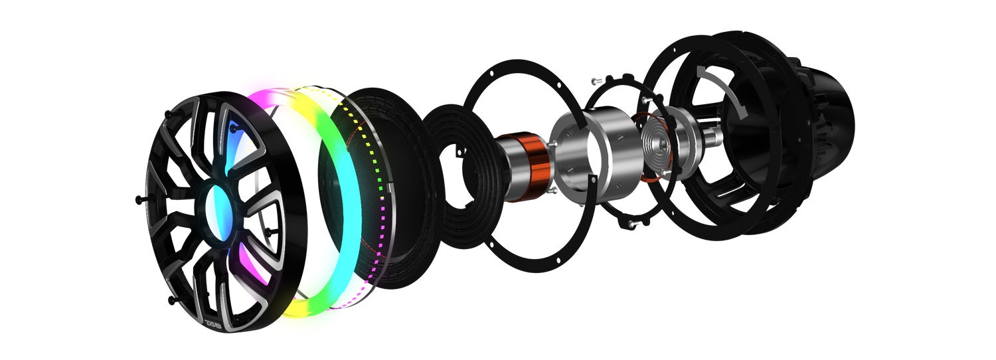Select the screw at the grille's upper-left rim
[x=169, y=114]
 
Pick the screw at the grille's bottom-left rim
[x=172, y=301]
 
